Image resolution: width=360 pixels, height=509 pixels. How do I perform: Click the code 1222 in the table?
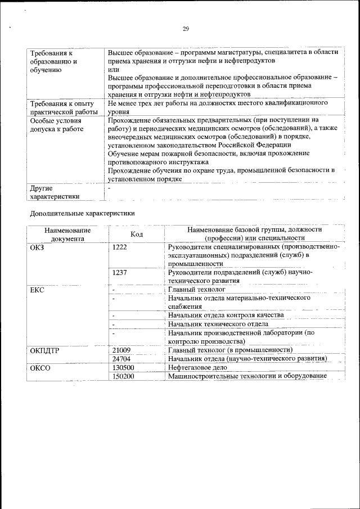(x=120, y=247)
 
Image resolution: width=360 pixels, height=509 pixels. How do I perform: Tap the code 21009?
(x=121, y=350)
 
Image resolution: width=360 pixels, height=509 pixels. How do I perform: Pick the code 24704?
(x=121, y=358)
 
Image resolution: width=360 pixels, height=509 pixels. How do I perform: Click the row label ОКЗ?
(x=37, y=247)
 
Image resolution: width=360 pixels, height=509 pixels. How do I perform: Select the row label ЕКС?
(x=37, y=290)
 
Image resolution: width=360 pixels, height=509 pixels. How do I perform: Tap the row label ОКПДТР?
(x=44, y=350)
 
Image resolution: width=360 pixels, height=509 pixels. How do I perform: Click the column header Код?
(x=137, y=234)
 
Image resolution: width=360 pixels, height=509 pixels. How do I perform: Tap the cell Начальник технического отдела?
(x=218, y=324)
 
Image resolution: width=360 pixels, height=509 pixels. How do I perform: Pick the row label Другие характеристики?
(x=55, y=192)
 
